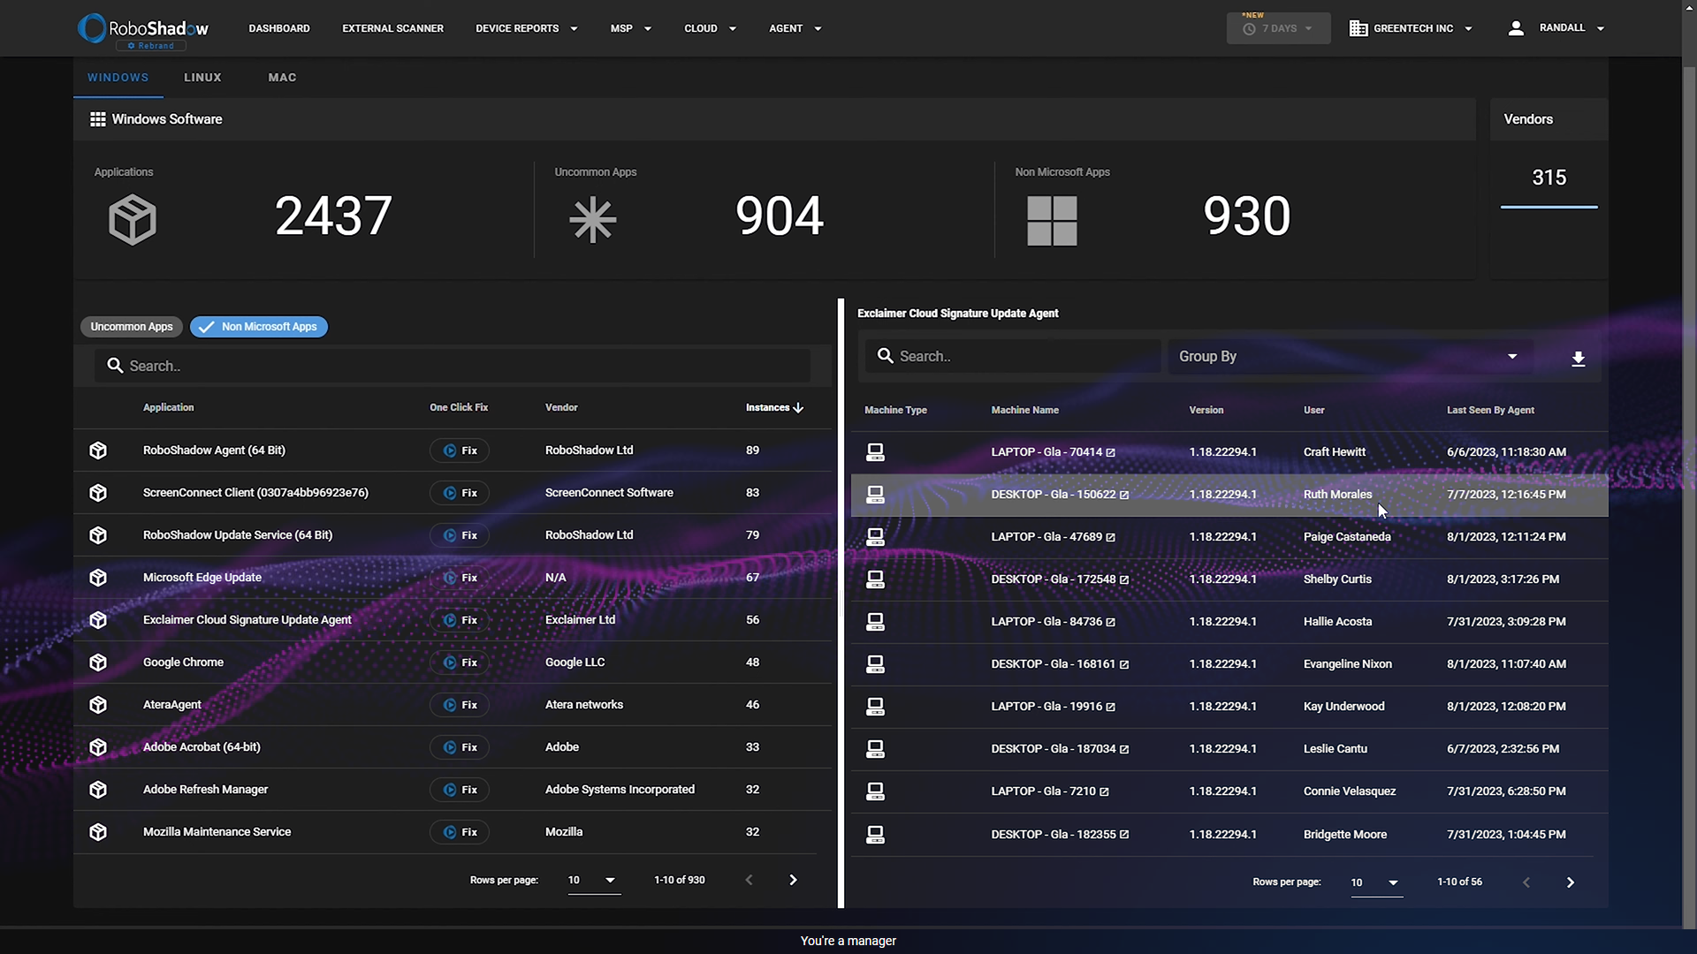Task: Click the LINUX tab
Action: (x=202, y=78)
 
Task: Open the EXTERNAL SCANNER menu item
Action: (x=392, y=28)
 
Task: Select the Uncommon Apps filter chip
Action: (x=132, y=327)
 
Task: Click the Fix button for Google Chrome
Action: (x=460, y=662)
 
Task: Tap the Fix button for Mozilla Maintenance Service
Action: (x=460, y=832)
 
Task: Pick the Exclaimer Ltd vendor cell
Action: (x=580, y=620)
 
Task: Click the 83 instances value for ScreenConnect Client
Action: (x=752, y=493)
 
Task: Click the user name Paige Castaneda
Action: (x=1346, y=537)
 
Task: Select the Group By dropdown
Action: (x=1348, y=357)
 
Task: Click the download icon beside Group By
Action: (x=1578, y=359)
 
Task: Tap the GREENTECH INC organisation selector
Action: (x=1412, y=28)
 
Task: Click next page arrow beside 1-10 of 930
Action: (x=793, y=880)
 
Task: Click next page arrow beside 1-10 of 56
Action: (x=1570, y=882)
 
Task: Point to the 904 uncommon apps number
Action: (x=779, y=216)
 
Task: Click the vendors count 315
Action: (x=1549, y=178)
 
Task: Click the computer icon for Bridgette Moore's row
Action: (x=875, y=835)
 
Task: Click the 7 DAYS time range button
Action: (x=1278, y=29)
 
